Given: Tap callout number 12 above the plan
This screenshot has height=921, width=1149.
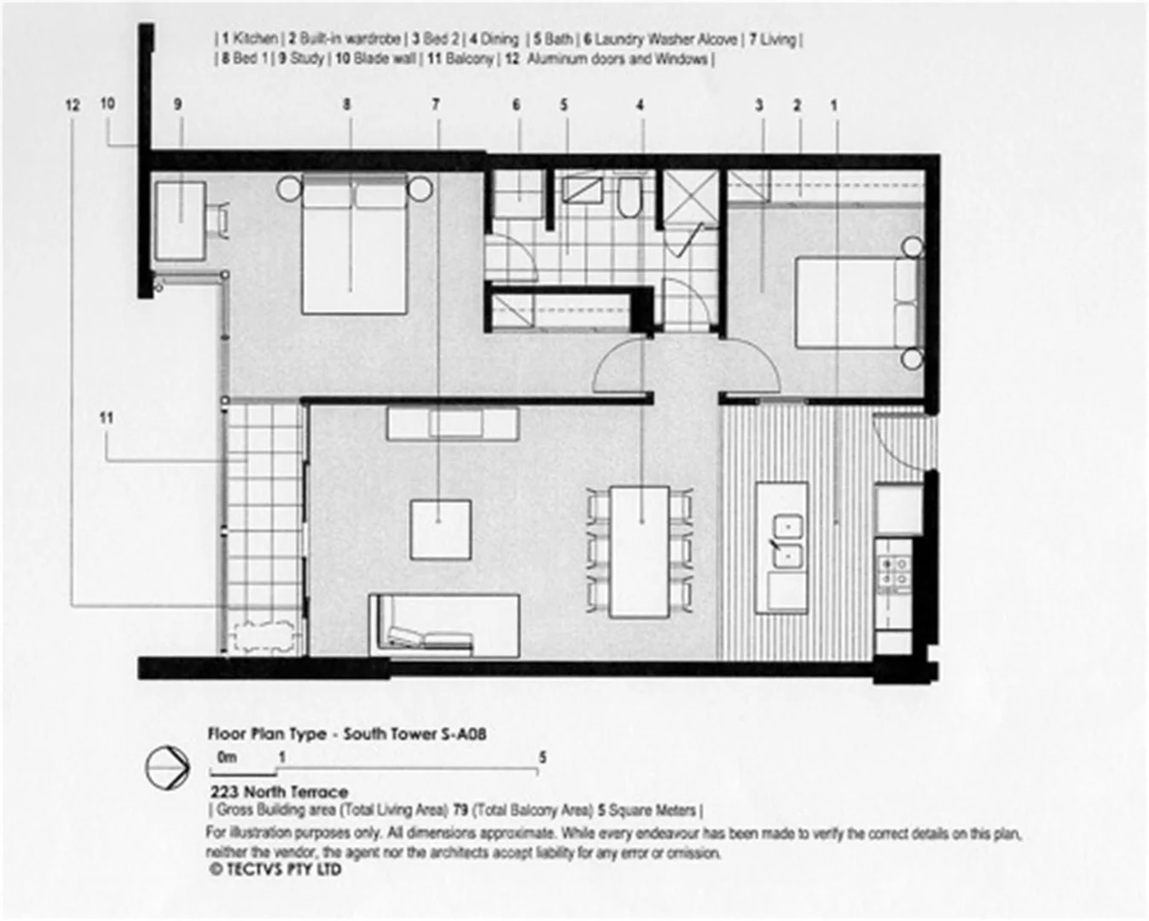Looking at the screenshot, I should point(73,105).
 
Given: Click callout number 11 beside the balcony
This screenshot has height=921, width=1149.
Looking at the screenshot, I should point(106,418).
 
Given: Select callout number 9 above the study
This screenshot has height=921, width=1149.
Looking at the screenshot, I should point(177,104).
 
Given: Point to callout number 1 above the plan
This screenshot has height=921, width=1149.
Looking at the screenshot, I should point(833,105).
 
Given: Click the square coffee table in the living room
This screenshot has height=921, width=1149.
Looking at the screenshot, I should point(440,529).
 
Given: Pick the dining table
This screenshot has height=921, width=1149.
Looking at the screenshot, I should point(640,551).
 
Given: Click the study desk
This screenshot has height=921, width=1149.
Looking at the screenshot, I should point(179,220).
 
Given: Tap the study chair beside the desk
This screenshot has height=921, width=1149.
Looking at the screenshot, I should point(220,219).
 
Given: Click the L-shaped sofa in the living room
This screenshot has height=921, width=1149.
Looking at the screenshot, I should point(444,626).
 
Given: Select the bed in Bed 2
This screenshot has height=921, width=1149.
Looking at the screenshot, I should point(858,304).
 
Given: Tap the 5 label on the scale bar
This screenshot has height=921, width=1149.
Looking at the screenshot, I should point(543,757).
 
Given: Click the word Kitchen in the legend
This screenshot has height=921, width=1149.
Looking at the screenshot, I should point(255,39).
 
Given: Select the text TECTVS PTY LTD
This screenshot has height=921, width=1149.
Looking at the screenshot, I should point(281,870).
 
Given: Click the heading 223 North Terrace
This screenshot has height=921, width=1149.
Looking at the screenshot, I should point(279,792).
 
